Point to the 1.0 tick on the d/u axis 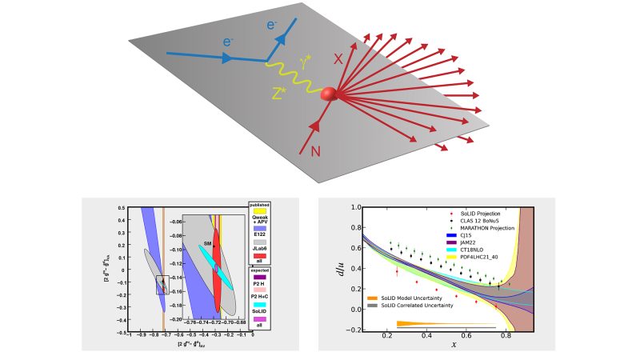351,209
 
